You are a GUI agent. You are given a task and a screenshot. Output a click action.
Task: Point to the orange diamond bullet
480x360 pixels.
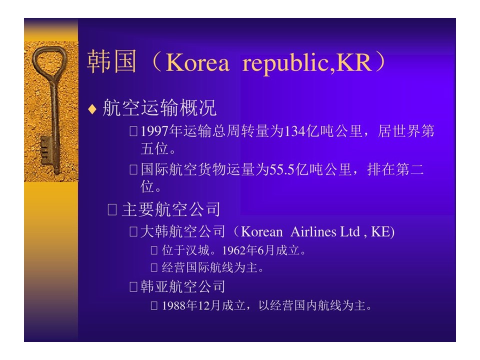[x=92, y=109]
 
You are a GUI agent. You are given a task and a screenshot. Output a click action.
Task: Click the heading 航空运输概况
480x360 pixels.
[x=159, y=108]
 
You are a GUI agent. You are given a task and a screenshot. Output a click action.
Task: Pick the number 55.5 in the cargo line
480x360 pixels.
[x=282, y=169]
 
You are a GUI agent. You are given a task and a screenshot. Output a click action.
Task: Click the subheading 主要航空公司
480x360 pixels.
[x=171, y=209]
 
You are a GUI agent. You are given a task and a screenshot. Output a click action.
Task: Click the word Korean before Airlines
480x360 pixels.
[x=261, y=231]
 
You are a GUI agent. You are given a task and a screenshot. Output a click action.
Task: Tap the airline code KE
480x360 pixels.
[x=380, y=231]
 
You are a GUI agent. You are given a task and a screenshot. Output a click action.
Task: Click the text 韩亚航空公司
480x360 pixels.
[x=183, y=286]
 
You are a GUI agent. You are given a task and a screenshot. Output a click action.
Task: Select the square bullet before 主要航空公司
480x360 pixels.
[x=112, y=209]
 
